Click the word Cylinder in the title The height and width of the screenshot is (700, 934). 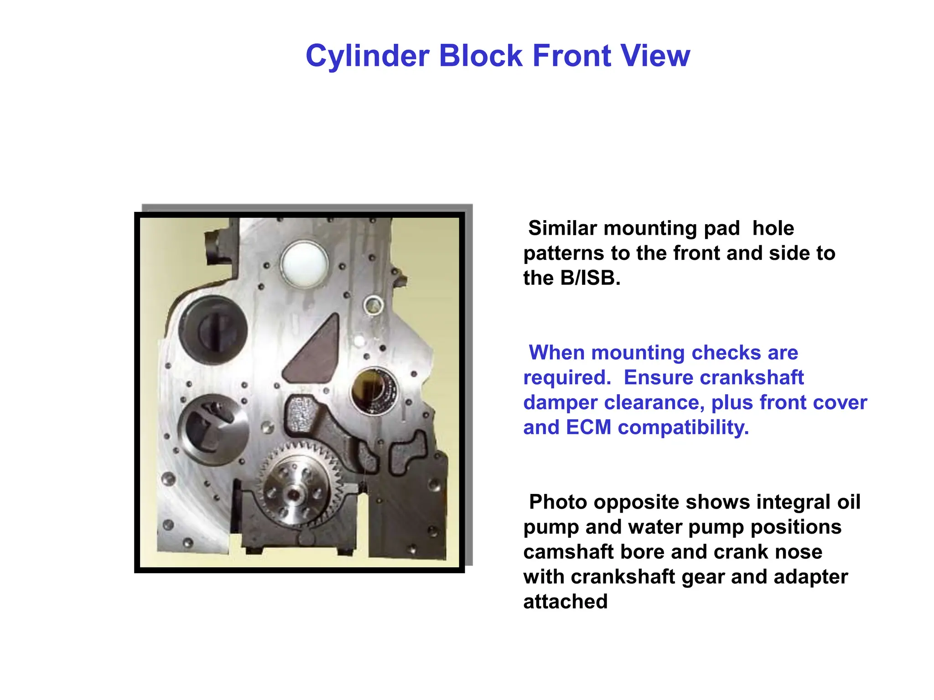coord(368,56)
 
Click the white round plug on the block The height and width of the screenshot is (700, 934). coord(304,264)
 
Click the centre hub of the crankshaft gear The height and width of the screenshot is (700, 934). coord(295,495)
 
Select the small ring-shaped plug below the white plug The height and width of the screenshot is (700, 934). coord(374,305)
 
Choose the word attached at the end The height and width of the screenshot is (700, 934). coord(566,602)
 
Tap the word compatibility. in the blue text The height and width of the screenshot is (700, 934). coord(684,427)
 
